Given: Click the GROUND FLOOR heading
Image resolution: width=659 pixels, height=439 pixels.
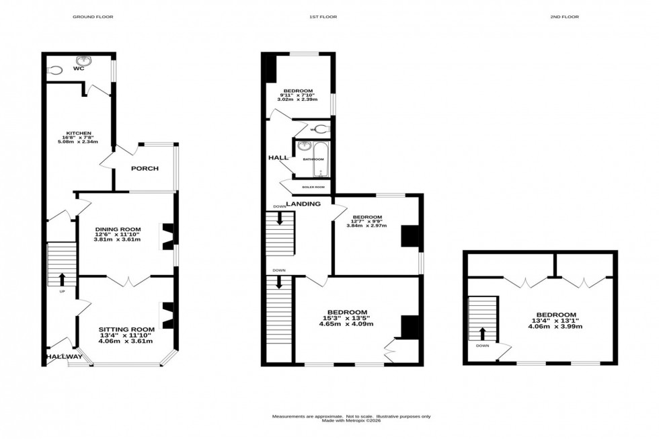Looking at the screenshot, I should coord(93,17).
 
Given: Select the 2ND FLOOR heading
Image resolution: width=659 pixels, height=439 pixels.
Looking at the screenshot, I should coord(564,17).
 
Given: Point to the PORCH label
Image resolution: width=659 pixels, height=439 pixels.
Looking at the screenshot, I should coord(145,168).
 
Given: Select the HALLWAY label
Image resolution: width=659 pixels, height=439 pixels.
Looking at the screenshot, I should coord(64,357).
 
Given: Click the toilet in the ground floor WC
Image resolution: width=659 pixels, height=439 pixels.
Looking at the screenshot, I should coord(56,69).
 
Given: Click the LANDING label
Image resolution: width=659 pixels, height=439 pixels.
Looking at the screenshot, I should coord(303,203).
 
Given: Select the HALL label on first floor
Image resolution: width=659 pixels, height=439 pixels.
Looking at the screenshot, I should coord(278,157).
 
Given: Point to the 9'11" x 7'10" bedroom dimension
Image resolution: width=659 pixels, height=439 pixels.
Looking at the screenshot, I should coord(297,95).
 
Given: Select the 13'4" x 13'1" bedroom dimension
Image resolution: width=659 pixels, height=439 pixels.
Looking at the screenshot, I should coord(555,321).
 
